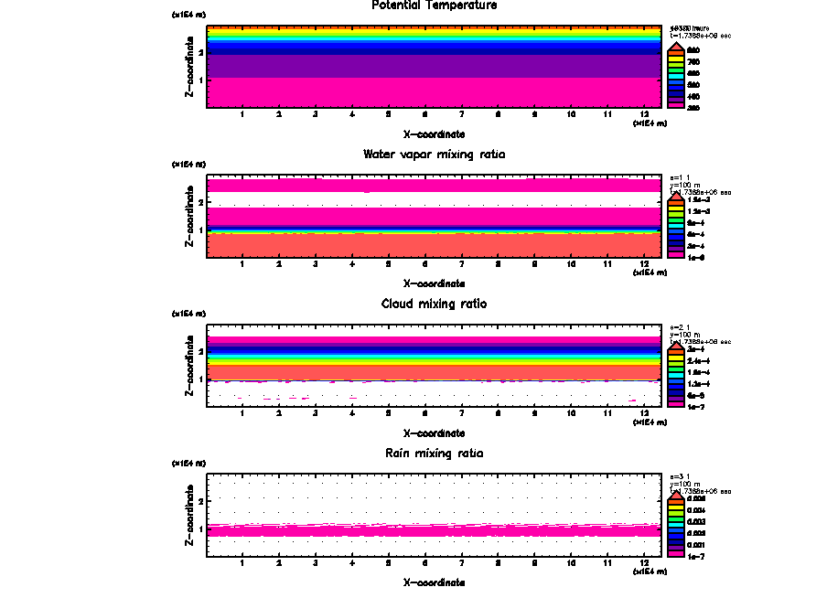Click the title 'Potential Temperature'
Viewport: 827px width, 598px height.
[x=435, y=5]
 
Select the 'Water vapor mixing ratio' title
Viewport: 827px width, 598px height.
[x=435, y=155]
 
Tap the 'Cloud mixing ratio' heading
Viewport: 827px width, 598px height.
[x=435, y=304]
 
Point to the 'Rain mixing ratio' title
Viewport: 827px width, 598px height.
[x=435, y=454]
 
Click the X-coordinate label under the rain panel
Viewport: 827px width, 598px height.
[x=435, y=582]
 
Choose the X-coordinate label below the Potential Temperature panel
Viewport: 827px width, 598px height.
[x=435, y=134]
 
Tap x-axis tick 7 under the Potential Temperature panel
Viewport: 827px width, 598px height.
[x=462, y=114]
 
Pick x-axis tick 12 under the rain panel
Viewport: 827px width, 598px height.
[x=645, y=563]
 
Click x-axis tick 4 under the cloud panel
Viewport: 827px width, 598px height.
[x=352, y=414]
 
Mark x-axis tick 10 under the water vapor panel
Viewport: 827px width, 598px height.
[x=572, y=264]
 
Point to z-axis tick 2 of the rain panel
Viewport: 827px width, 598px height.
[x=200, y=501]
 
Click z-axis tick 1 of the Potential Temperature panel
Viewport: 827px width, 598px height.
[x=200, y=80]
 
